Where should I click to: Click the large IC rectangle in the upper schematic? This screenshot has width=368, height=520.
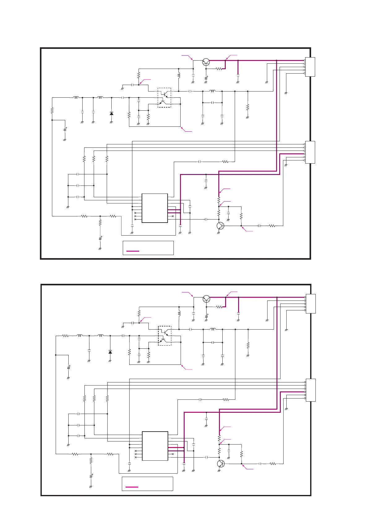coord(155,208)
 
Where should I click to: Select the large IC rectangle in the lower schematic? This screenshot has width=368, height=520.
coord(155,446)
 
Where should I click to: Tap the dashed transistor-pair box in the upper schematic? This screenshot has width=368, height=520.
coord(164,98)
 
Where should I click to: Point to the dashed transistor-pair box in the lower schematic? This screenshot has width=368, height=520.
coord(165,335)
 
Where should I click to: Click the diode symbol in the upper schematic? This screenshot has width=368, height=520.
coord(111,113)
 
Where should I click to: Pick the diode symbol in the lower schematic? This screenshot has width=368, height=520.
coord(110,352)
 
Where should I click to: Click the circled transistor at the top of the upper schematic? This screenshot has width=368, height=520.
coord(206,62)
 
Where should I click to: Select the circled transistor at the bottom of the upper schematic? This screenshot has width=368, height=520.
coord(220,226)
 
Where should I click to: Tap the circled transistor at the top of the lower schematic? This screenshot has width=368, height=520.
coord(206,299)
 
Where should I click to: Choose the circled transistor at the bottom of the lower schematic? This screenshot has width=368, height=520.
coord(220,464)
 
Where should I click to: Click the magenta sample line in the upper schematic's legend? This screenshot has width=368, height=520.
coord(133,251)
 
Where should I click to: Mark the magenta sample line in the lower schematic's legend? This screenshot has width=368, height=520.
coord(132,487)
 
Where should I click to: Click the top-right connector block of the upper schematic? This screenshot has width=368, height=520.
coord(310,67)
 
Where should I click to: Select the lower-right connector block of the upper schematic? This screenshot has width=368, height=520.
coord(310,152)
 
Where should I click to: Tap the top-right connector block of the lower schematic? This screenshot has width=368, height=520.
coord(310,304)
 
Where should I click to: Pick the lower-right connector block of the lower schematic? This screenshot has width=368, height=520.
coord(310,390)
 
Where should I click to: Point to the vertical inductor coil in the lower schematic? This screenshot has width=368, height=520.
coord(179,313)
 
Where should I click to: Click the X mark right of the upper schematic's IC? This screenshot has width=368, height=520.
coord(173,216)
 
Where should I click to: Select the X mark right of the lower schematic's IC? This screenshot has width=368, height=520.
coord(173,454)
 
